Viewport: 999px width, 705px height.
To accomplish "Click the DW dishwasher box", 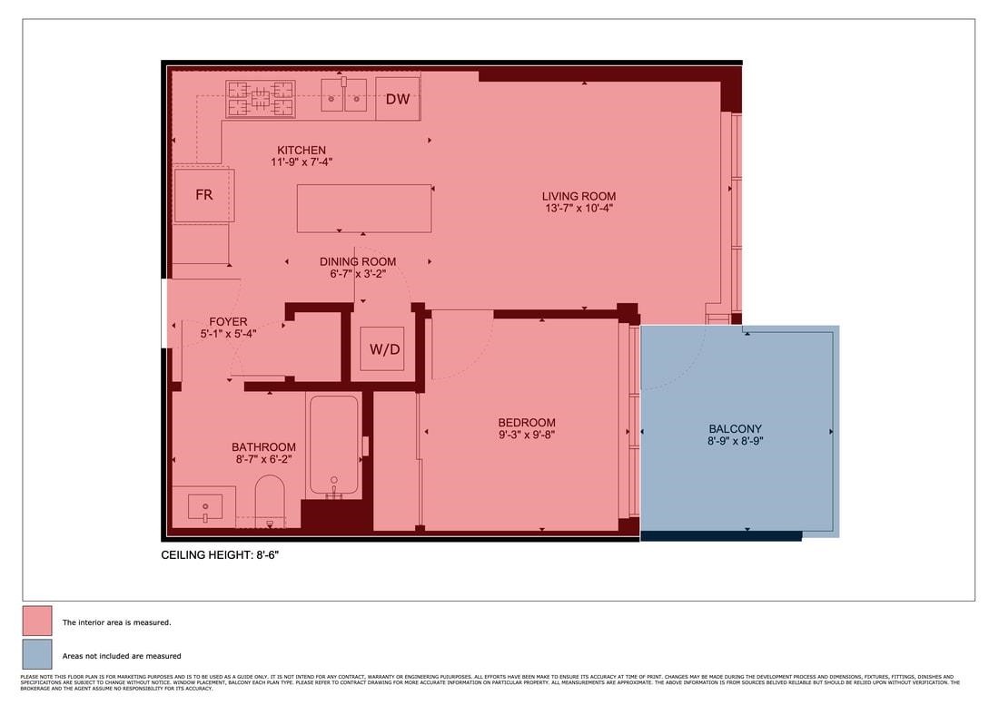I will [x=398, y=99].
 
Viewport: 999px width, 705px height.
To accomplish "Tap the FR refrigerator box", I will [x=204, y=195].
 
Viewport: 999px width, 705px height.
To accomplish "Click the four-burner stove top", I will [x=261, y=99].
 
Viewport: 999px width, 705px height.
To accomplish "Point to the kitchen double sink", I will [x=343, y=95].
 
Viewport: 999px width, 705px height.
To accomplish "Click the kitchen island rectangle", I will [x=364, y=209].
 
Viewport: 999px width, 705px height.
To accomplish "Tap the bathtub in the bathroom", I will [x=333, y=445].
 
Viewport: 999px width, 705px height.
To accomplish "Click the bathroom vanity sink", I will [x=205, y=505].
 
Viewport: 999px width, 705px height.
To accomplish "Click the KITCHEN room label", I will [x=302, y=151].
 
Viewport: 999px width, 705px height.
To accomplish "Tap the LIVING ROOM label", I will [x=579, y=196].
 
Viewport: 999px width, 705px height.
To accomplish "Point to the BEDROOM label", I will [x=527, y=423].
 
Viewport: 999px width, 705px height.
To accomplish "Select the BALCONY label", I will [x=736, y=429].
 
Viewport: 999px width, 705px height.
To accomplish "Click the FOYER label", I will [x=228, y=322].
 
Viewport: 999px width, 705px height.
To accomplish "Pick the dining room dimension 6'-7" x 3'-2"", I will [x=358, y=273].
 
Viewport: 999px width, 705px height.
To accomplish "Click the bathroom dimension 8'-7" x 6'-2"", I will [x=263, y=459].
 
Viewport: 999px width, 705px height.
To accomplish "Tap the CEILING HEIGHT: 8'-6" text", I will [x=226, y=553].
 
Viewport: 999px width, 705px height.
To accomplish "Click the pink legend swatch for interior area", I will [x=37, y=622].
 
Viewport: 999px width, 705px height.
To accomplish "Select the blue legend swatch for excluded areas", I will [x=37, y=654].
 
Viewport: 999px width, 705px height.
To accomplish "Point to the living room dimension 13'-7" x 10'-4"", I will [x=579, y=208].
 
